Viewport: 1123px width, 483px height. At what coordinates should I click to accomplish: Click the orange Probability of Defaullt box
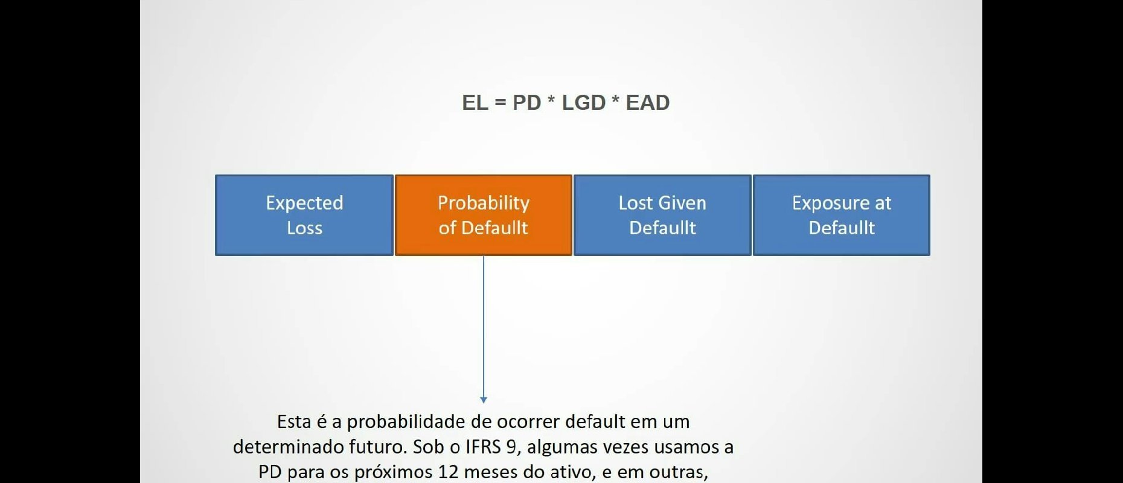tap(483, 215)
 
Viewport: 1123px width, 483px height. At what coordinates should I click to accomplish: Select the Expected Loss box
tap(304, 215)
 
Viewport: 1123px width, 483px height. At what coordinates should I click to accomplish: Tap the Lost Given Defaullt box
tap(662, 215)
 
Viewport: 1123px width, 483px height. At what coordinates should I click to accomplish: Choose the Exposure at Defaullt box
tap(841, 215)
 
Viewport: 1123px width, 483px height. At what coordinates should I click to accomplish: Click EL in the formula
tap(475, 103)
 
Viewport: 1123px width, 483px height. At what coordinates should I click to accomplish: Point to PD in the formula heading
tap(526, 103)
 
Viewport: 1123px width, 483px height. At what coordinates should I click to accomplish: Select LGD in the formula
tap(583, 103)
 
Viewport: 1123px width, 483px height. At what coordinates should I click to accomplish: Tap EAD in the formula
tap(647, 103)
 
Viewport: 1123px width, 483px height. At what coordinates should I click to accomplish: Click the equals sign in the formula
tap(500, 103)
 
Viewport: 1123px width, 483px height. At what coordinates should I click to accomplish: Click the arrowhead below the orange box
tap(483, 400)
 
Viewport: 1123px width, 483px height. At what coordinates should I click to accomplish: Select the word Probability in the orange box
tap(483, 203)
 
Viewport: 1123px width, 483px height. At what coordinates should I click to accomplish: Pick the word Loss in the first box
tap(304, 228)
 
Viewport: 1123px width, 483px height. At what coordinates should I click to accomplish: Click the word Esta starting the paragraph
tap(294, 421)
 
